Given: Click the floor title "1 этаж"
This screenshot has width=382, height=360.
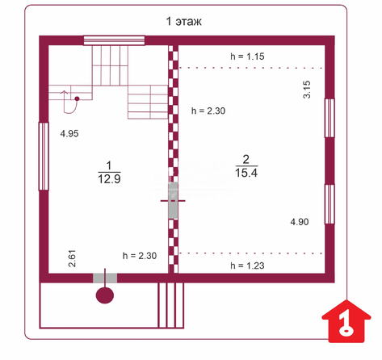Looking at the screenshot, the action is click(x=184, y=21).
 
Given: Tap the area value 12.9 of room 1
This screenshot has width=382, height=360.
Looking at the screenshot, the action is click(x=109, y=179).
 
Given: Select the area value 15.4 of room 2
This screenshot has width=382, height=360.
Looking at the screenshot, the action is click(x=246, y=173).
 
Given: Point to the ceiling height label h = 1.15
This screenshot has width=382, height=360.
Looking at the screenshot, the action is click(x=247, y=57).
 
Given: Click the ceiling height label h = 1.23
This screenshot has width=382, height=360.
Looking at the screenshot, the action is click(x=247, y=266).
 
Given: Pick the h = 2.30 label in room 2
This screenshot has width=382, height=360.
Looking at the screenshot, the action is click(x=208, y=111).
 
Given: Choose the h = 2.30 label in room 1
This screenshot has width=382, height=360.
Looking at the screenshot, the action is click(x=140, y=256).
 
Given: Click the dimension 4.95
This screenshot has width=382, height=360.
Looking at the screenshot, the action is click(x=69, y=133).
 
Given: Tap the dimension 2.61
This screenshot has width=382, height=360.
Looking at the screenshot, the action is click(x=72, y=258).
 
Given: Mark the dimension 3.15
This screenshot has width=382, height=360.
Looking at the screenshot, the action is click(x=307, y=90).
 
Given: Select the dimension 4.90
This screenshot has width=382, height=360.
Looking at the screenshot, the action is click(x=300, y=222).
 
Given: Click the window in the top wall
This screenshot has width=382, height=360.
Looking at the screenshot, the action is click(x=114, y=40).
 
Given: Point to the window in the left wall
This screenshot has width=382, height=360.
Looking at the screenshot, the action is click(x=44, y=157).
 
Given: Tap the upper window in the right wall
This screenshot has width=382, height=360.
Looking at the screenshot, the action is click(x=330, y=118).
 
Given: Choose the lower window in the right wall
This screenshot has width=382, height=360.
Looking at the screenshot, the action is click(x=330, y=204).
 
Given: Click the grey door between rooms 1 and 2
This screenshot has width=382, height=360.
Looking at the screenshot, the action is click(x=173, y=200).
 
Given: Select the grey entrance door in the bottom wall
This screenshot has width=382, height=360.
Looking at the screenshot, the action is click(x=105, y=278).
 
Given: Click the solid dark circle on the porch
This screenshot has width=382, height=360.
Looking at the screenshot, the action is click(x=105, y=295).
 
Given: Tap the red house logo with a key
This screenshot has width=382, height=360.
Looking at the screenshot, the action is click(x=346, y=321).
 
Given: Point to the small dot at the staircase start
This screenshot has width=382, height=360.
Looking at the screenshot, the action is click(x=77, y=98).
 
